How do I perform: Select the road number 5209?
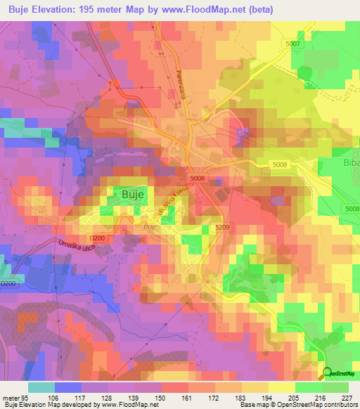(x=223, y=227)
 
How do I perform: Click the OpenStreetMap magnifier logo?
(x=327, y=372)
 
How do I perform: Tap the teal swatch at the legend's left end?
(x=41, y=387)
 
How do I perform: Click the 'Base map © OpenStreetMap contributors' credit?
(x=297, y=405)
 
